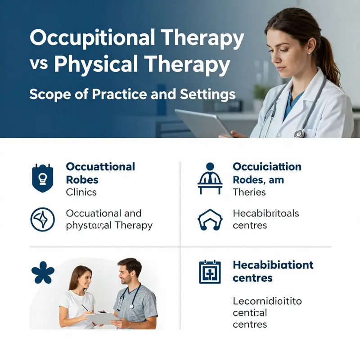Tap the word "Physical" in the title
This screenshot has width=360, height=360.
(x=92, y=64)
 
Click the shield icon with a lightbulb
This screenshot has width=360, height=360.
(x=43, y=178)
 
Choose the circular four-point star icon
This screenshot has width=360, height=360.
(x=42, y=219)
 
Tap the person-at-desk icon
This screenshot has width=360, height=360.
(x=210, y=178)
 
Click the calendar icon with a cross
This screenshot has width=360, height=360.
(x=210, y=272)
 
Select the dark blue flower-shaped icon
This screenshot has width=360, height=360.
(x=43, y=273)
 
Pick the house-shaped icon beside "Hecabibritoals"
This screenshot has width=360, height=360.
(x=210, y=220)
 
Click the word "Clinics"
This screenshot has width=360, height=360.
(x=81, y=192)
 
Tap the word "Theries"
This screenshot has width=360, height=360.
(x=249, y=192)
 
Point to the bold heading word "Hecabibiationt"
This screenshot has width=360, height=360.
(x=273, y=265)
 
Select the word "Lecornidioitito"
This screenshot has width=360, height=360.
(x=267, y=301)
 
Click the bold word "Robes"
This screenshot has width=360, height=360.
(x=82, y=180)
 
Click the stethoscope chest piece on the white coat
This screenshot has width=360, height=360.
(x=300, y=133)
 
